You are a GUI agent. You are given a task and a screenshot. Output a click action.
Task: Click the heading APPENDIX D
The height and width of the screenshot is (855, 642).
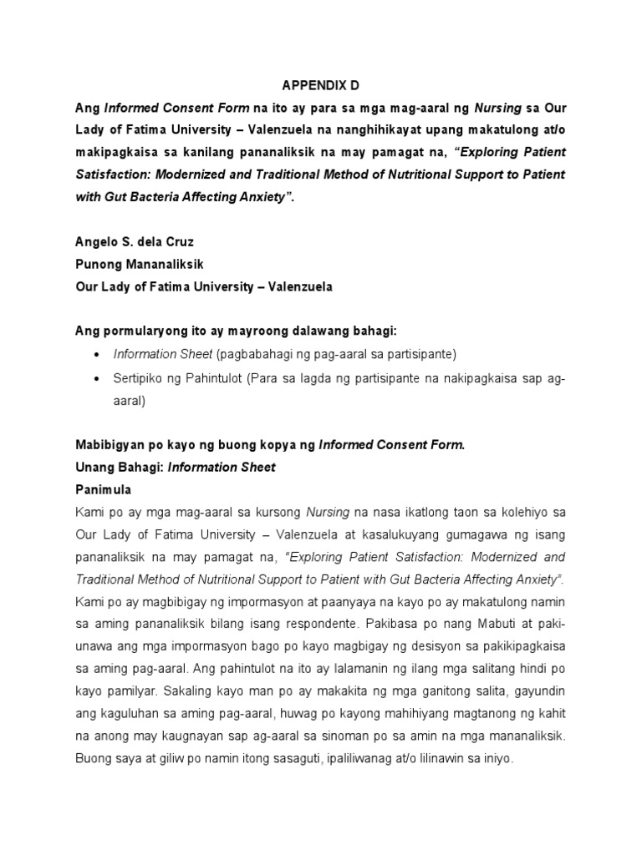click(320, 84)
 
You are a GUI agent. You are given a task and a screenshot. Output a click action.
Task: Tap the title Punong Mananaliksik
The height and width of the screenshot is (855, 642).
click(140, 265)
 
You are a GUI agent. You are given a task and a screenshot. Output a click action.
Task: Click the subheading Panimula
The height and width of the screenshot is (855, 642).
click(104, 489)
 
